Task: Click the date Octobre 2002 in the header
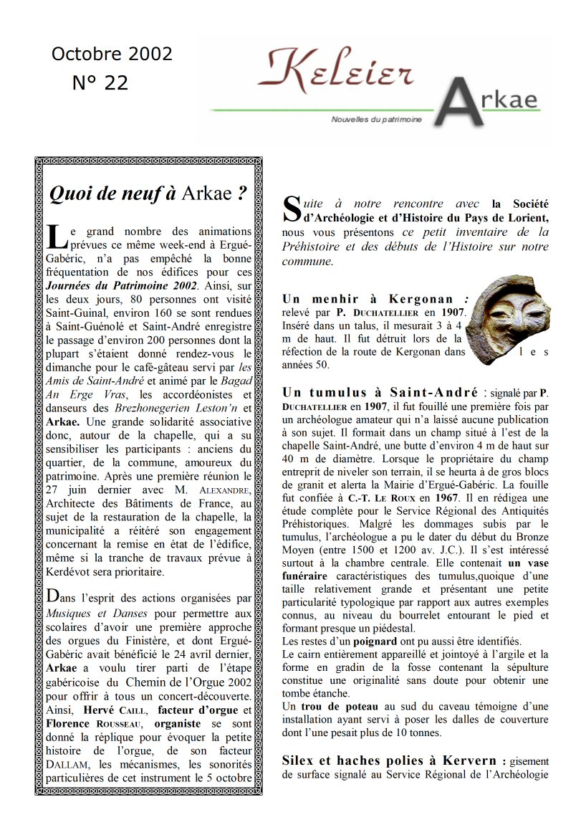pyautogui.click(x=112, y=54)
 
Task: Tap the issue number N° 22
pyautogui.click(x=100, y=83)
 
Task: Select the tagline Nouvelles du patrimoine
pyautogui.click(x=377, y=119)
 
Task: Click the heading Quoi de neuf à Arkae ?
pyautogui.click(x=148, y=194)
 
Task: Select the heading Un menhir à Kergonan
pyautogui.click(x=368, y=299)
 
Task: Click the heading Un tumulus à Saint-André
pyautogui.click(x=380, y=392)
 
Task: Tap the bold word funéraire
pyautogui.click(x=304, y=576)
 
